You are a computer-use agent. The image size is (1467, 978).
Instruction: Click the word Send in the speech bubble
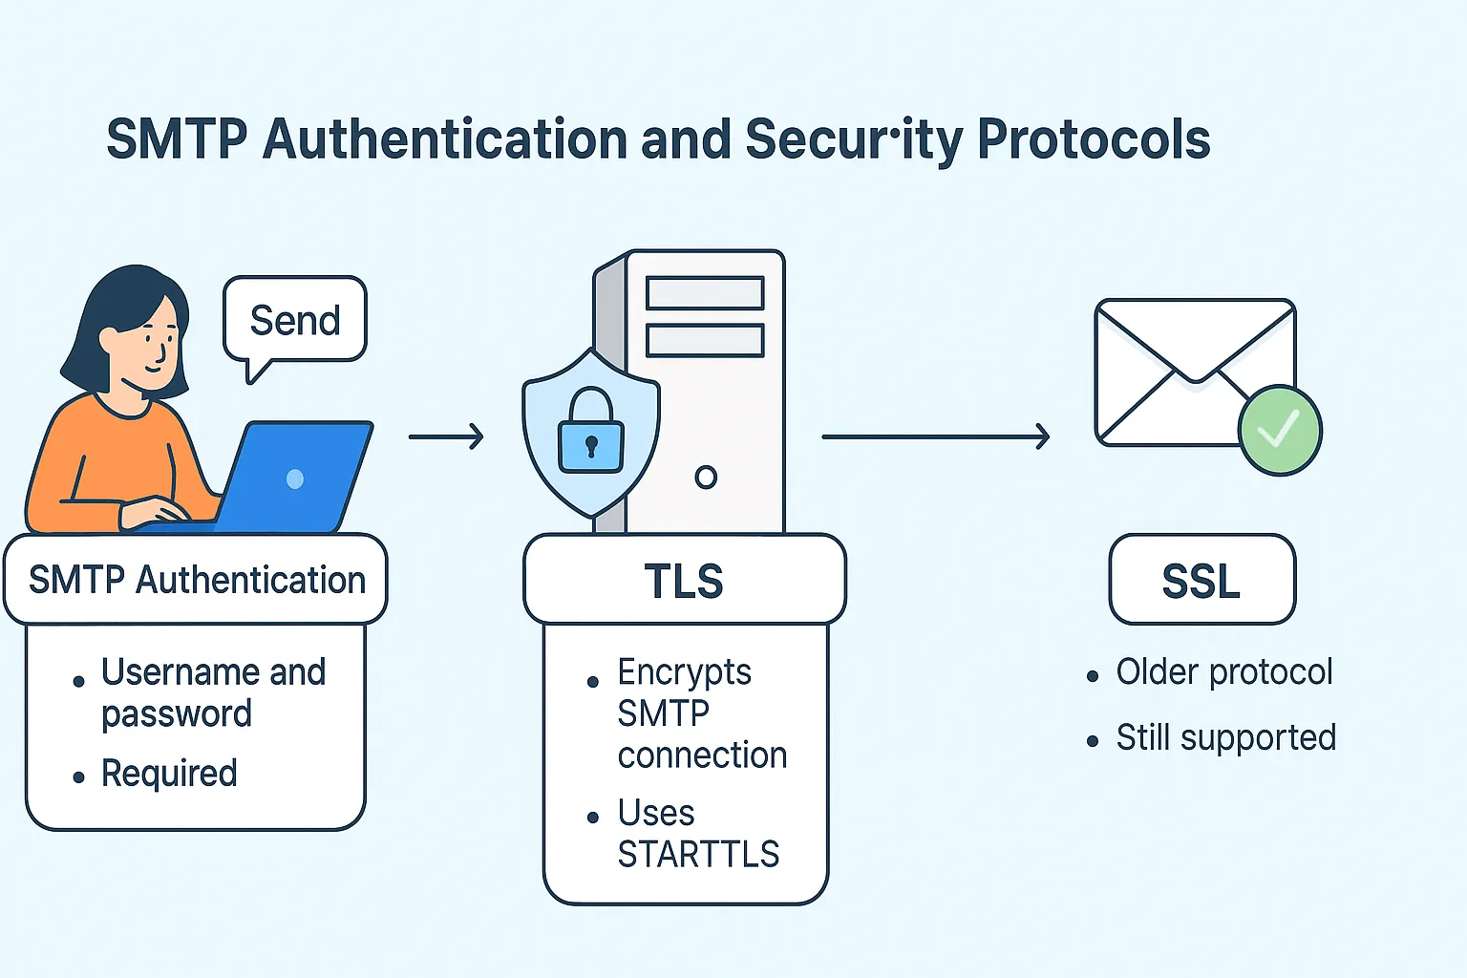point(295,321)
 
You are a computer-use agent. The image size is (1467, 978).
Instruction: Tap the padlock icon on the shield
point(590,433)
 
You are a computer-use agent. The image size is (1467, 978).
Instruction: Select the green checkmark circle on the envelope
point(1280,431)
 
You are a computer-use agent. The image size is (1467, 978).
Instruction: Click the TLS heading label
point(684,581)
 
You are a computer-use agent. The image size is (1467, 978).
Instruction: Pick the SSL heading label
point(1201,581)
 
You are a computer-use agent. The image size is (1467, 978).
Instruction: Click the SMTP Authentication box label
point(197,581)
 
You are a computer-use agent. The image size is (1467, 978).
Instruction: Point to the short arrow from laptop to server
point(446,437)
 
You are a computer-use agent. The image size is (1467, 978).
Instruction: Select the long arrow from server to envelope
point(936,437)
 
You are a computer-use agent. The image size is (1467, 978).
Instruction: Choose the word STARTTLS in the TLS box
point(698,854)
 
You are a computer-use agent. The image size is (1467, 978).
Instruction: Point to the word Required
point(169,774)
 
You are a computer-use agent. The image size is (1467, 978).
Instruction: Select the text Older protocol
point(1224,672)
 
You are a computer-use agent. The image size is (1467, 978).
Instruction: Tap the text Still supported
point(1225,738)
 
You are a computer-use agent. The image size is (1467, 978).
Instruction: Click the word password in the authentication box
point(177,714)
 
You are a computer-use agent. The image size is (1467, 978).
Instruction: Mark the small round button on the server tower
point(706,477)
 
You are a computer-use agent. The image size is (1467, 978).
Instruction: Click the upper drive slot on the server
point(705,293)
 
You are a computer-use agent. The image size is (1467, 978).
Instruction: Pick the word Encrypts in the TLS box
point(684,672)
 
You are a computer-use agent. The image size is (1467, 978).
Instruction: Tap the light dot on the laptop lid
point(295,478)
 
